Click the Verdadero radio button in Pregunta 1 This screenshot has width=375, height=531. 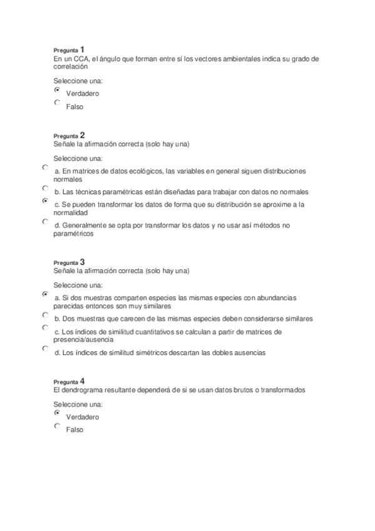58,90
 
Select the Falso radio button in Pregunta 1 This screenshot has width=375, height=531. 58,103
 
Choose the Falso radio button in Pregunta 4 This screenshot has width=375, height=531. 58,426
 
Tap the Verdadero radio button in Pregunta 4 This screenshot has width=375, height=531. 58,413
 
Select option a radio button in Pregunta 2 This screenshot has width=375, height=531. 45,168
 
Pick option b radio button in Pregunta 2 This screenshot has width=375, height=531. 45,188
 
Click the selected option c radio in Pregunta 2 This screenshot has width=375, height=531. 45,202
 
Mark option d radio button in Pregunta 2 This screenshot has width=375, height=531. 45,222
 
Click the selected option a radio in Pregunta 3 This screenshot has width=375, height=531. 45,294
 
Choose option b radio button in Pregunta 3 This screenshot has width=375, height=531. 45,315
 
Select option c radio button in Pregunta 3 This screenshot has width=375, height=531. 45,328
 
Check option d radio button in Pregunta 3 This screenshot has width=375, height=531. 45,348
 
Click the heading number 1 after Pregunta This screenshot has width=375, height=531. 83,49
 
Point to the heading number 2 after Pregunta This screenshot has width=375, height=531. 83,135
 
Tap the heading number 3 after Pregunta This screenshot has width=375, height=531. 83,261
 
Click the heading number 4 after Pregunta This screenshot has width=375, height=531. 83,381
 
